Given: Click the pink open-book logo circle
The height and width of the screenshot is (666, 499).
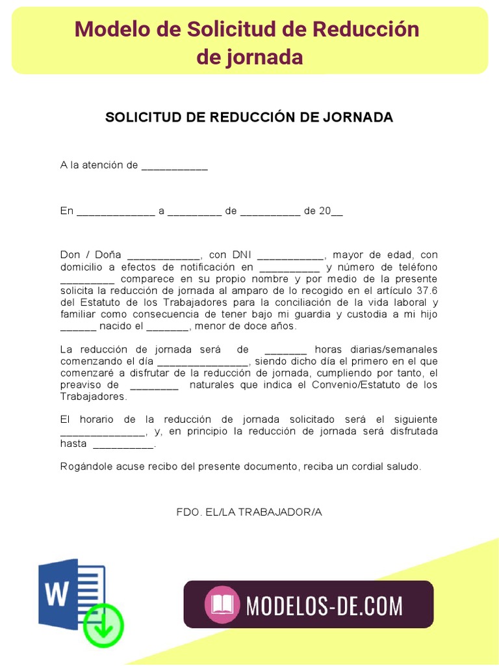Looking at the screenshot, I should point(222,605).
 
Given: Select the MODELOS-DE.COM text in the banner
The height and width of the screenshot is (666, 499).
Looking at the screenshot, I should point(324,606).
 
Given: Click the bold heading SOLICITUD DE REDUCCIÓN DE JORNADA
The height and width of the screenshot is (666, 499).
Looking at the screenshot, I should point(249,117).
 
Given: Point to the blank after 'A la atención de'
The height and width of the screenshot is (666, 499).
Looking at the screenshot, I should point(174,166).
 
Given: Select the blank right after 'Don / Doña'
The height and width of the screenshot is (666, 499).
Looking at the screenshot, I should point(164,256).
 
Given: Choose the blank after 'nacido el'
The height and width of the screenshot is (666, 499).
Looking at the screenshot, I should point(167,326).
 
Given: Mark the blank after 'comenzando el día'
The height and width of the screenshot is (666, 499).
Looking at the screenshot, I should point(203,362).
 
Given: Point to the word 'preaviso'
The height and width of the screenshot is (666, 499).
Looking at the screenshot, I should point(82,385).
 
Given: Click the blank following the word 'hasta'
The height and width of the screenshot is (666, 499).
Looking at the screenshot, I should point(123,444).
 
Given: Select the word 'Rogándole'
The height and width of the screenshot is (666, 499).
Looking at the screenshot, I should point(85,466).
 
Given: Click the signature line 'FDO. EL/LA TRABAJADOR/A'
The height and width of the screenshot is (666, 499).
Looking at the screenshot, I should point(249,512).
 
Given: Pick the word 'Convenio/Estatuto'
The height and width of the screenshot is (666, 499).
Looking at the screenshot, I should point(361,385).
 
